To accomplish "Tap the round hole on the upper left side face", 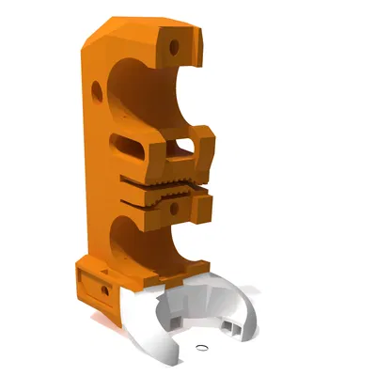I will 96,90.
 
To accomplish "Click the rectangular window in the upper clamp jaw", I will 181,147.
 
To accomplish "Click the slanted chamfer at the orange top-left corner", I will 102,34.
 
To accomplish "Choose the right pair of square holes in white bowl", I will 228,326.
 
